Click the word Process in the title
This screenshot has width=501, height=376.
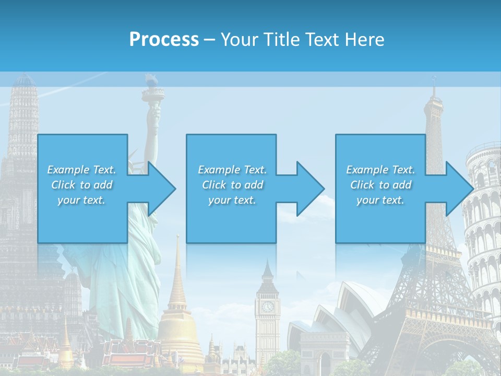(164, 39)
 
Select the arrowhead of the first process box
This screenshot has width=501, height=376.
(162, 189)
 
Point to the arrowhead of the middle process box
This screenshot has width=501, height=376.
(311, 189)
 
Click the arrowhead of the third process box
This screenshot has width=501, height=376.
(459, 189)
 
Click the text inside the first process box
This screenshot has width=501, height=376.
(81, 185)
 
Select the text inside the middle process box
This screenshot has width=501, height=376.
(232, 185)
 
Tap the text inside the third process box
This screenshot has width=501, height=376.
(380, 185)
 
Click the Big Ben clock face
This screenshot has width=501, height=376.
(268, 307)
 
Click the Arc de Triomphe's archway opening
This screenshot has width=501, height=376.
(325, 363)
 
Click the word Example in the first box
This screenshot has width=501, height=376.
(68, 170)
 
